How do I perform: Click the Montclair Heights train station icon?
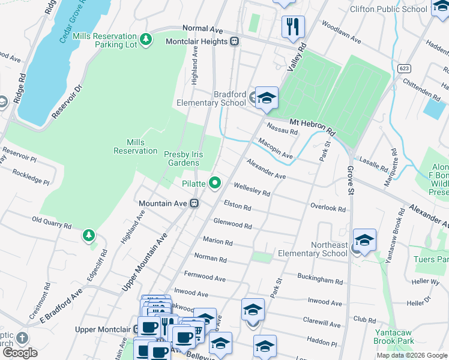point(235,41)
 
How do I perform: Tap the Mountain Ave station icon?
point(194,203)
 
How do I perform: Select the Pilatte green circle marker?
point(214,183)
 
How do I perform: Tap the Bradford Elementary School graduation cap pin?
point(266,97)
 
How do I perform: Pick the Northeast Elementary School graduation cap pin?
point(364,240)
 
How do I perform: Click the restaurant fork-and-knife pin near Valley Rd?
point(293,26)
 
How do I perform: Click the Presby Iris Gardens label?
point(182,158)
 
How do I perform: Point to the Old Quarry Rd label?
point(52,223)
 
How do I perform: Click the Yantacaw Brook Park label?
point(394,337)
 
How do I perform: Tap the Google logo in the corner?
point(20,353)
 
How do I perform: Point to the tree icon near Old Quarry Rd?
point(89,235)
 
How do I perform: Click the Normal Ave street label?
point(202,28)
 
